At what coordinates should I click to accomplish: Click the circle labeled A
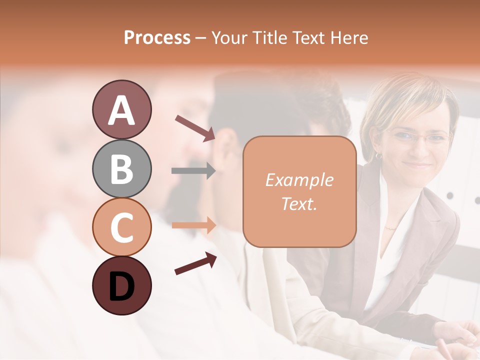tap(121, 109)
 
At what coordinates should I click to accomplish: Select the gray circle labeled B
tap(121, 168)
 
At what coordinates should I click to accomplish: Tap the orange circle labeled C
tap(121, 227)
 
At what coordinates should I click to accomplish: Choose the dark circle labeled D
tap(121, 285)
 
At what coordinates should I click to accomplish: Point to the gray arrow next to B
tap(193, 170)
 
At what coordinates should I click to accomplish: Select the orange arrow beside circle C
tap(193, 225)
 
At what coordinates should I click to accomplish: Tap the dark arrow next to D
tap(195, 263)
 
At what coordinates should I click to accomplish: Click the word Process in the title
tap(157, 37)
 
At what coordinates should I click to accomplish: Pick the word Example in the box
tap(299, 180)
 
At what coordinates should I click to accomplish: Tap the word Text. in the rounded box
tap(299, 203)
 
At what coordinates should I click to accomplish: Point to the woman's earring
tap(378, 156)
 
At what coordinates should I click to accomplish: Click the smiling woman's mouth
tap(418, 163)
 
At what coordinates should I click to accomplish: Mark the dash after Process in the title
tap(201, 38)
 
